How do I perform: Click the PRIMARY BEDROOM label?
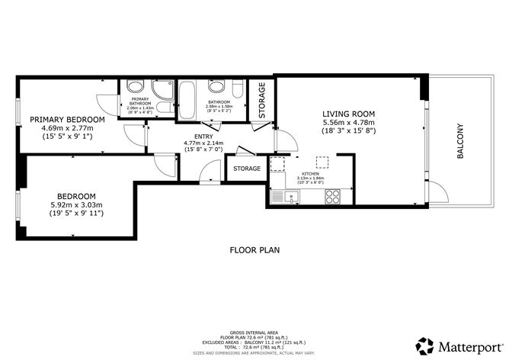tap(67, 119)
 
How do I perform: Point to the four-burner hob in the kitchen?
tap(332, 198)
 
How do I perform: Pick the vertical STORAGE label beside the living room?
tap(261, 97)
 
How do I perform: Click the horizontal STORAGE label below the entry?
tap(246, 168)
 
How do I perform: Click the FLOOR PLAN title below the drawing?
tap(254, 249)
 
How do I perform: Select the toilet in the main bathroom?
tap(236, 90)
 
